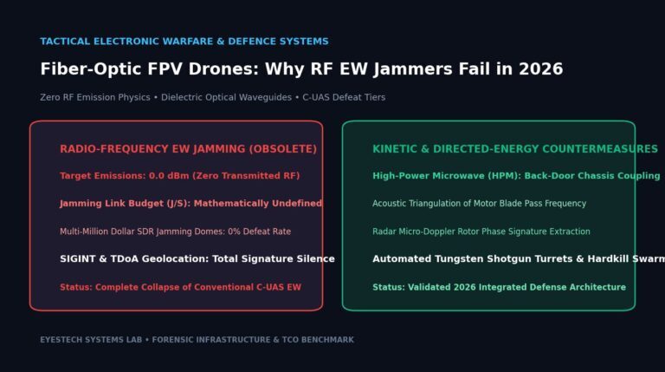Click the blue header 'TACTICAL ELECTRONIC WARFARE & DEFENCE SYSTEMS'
click(184, 42)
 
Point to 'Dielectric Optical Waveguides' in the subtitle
click(226, 97)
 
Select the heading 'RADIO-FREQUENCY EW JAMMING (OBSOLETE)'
click(188, 149)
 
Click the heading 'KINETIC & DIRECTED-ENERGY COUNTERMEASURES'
click(515, 149)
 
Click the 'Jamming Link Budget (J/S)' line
click(190, 204)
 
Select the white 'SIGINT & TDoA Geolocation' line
click(197, 258)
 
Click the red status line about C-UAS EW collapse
click(180, 287)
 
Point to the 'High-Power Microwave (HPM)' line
click(516, 176)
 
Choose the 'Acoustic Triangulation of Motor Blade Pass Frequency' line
click(479, 204)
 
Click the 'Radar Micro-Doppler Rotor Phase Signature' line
click(481, 232)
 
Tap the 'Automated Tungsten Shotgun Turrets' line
click(519, 258)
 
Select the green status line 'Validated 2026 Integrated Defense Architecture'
click(499, 287)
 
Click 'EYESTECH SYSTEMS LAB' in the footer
click(91, 340)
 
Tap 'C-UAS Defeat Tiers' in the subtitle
click(344, 97)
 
